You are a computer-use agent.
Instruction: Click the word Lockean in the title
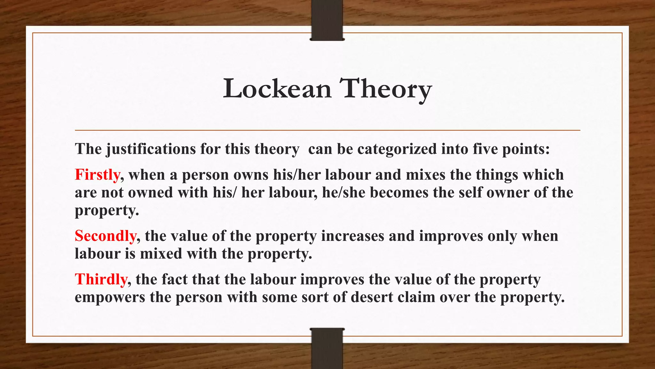coord(277,89)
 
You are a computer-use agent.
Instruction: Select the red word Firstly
coord(98,175)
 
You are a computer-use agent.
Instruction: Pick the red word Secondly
coord(106,236)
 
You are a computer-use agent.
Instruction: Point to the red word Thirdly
coord(101,279)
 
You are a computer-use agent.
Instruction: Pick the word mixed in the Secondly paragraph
coord(161,254)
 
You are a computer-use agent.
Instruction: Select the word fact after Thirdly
coord(174,279)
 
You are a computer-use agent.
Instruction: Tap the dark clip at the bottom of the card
coord(327,348)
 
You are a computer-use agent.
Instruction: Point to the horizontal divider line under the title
coord(327,130)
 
